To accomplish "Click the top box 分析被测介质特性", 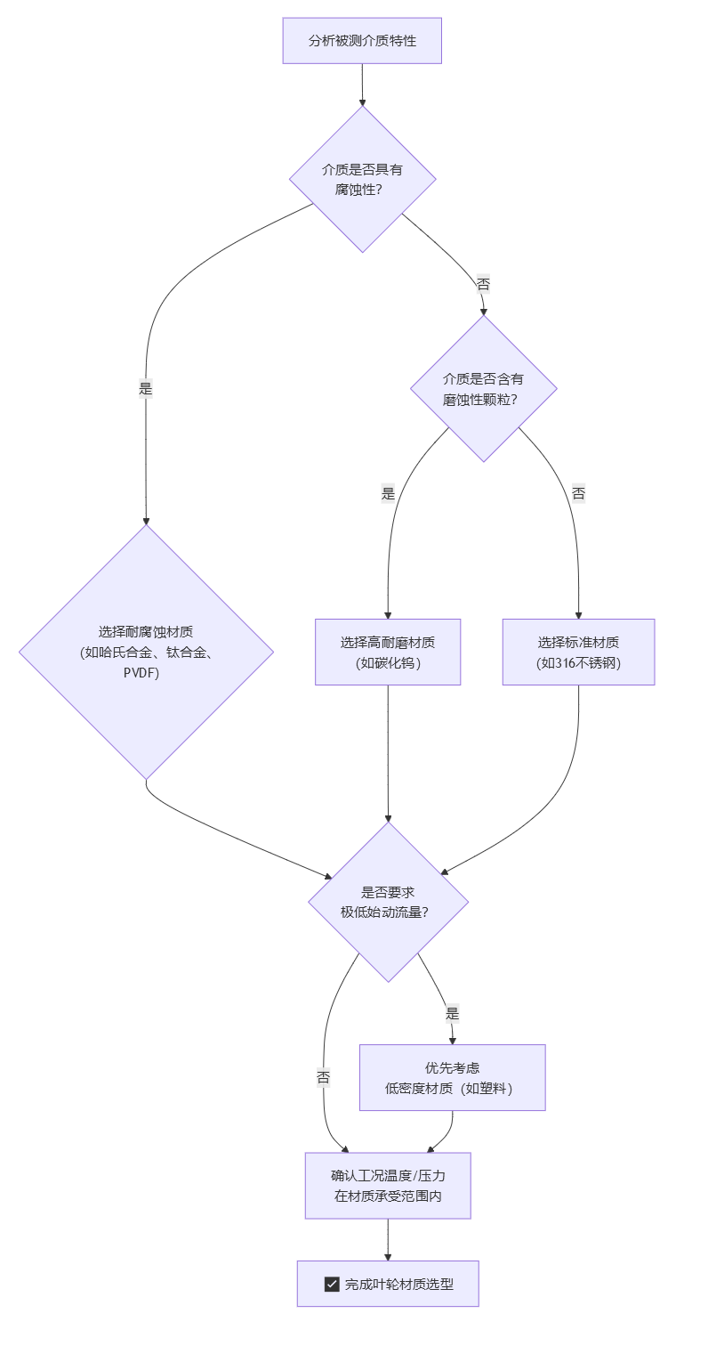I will pyautogui.click(x=362, y=41).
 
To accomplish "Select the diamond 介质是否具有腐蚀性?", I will pyautogui.click(x=362, y=179).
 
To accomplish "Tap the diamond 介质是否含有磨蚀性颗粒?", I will pyautogui.click(x=483, y=389).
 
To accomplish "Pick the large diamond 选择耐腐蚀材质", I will pyautogui.click(x=146, y=652).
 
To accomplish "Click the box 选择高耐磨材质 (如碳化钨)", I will pyautogui.click(x=388, y=652).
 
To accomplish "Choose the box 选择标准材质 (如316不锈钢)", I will pyautogui.click(x=578, y=652).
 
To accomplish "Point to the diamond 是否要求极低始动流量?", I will pyautogui.click(x=388, y=901).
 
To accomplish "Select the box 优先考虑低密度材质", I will pyautogui.click(x=452, y=1077).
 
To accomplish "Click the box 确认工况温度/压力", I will pyautogui.click(x=388, y=1185).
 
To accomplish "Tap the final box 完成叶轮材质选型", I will pyautogui.click(x=388, y=1284).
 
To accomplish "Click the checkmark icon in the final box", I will pyautogui.click(x=332, y=1284).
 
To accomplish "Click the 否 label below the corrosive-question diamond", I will pyautogui.click(x=483, y=285).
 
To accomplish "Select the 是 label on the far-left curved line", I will pyautogui.click(x=146, y=388).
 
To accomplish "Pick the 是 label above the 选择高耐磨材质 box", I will pyautogui.click(x=388, y=494).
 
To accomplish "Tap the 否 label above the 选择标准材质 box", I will pyautogui.click(x=578, y=493).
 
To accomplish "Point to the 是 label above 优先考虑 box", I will pyautogui.click(x=452, y=1013).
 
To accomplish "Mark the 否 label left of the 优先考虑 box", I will pyautogui.click(x=324, y=1077).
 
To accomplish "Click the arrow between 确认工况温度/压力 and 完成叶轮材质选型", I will pyautogui.click(x=388, y=1239).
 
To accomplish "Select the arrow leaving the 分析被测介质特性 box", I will pyautogui.click(x=362, y=85).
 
